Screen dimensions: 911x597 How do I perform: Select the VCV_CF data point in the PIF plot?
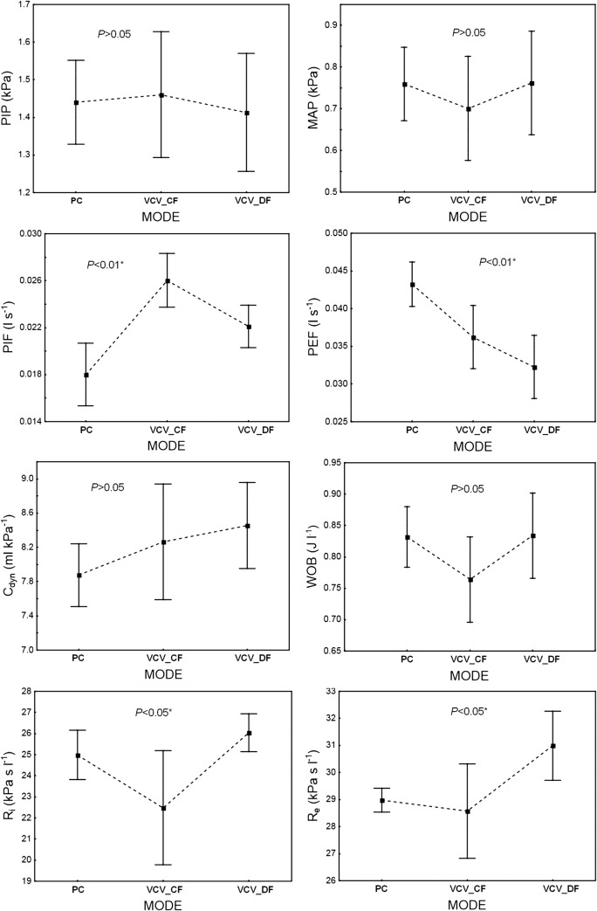(x=168, y=280)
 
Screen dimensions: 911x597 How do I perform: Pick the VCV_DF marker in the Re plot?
(x=529, y=746)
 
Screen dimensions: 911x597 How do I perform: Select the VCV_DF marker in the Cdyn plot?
(x=249, y=526)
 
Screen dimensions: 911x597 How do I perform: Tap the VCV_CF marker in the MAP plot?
(x=469, y=109)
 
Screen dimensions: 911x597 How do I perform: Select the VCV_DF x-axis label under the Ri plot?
(x=250, y=890)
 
